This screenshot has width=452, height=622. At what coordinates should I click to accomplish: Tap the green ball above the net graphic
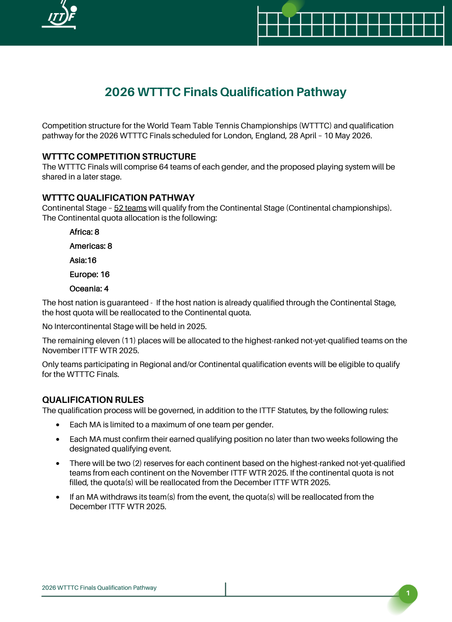pos(289,10)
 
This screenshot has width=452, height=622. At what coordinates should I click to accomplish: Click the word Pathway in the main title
pos(321,92)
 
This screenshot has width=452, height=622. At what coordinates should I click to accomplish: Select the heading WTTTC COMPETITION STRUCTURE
pos(119,156)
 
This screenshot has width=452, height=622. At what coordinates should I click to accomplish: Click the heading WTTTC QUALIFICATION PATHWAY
pos(118,198)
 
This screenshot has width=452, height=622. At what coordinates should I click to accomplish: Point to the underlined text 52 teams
pos(130,208)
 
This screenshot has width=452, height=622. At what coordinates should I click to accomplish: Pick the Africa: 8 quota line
pos(84,232)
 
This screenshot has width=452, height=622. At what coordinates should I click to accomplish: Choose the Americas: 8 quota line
pos(91,246)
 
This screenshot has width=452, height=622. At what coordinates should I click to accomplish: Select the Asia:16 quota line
pos(83,260)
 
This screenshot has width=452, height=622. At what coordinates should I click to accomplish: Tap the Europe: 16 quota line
pos(89,274)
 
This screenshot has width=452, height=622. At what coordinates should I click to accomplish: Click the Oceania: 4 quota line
pos(89,289)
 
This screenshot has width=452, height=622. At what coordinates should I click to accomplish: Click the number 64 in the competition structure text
pos(163,167)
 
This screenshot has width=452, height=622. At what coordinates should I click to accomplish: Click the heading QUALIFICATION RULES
pos(93,400)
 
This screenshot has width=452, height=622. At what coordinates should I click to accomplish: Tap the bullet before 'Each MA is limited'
pos(58,425)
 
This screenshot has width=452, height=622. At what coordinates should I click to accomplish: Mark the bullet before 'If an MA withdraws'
pos(58,497)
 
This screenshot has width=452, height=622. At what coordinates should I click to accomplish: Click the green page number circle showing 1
pos(408,593)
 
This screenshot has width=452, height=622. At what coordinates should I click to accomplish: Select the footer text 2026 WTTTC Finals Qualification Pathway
pos(99,588)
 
